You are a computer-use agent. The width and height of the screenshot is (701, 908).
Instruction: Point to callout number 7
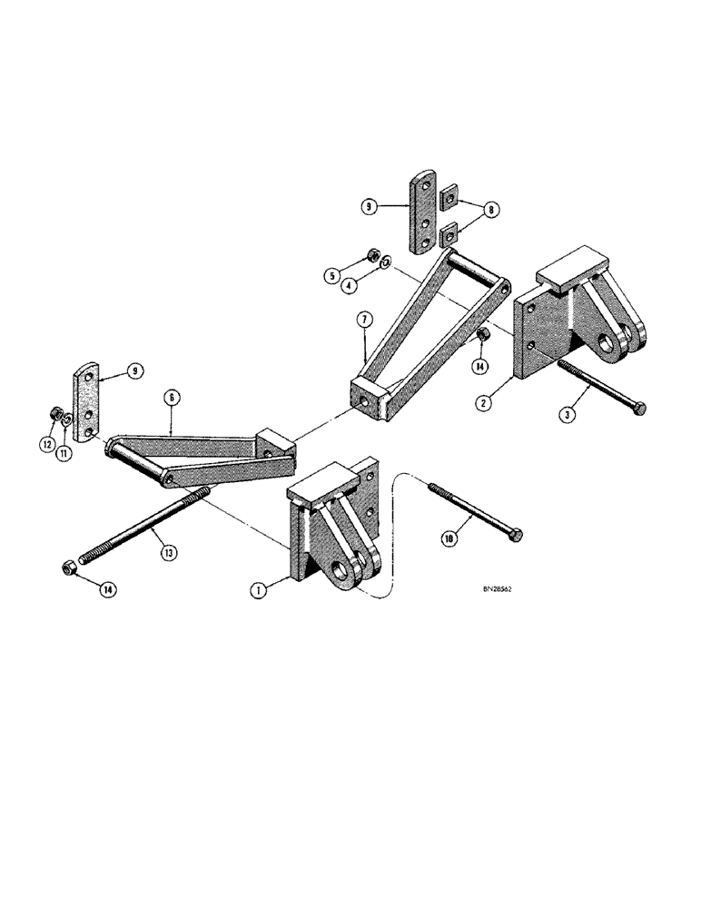pos(363,320)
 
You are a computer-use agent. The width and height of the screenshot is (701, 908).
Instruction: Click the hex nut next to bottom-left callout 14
pos(67,569)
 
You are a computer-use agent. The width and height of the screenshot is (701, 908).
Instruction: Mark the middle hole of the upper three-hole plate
pos(423,219)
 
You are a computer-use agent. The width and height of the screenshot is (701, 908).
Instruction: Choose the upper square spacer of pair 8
pos(447,196)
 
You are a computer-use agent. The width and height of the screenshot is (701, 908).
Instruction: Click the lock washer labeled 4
pos(385,263)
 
